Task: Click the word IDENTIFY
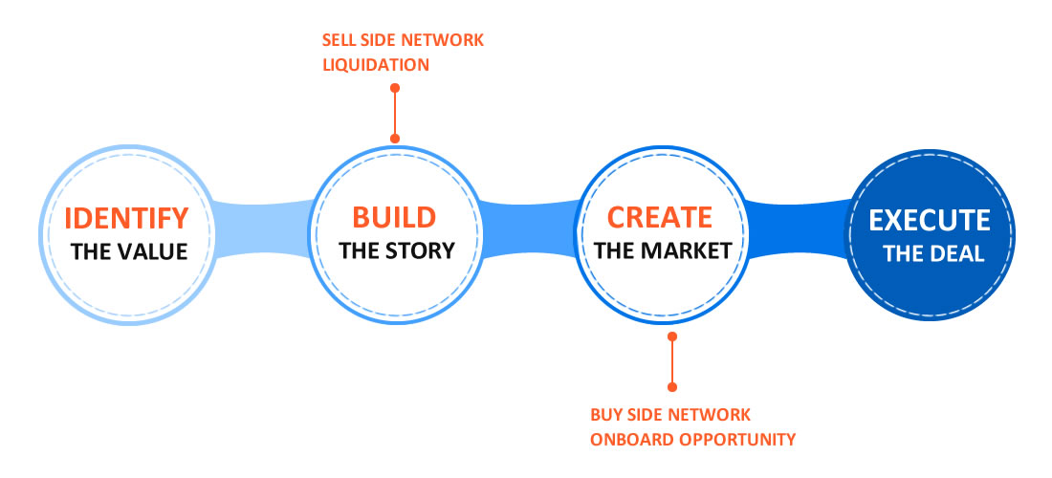126,219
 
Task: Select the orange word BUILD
394,217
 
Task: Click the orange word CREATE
660,217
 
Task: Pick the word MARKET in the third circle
687,250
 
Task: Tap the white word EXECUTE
930,221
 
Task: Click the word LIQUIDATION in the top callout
376,65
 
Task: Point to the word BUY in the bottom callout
605,414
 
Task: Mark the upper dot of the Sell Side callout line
394,88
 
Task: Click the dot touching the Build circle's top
394,138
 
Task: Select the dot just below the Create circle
672,336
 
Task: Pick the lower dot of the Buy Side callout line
672,387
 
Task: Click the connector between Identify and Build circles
264,228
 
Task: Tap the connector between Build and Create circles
529,229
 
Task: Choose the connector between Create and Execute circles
799,229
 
